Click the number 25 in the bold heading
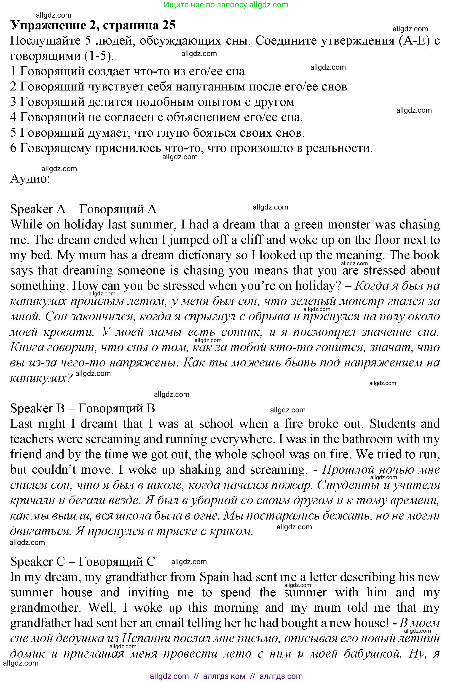click(169, 26)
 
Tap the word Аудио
click(30, 179)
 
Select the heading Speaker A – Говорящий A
click(83, 209)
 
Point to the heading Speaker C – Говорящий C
click(83, 561)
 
